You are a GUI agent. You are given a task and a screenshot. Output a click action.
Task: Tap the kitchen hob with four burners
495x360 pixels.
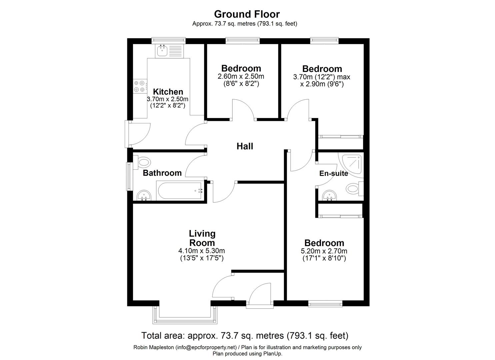click(x=140, y=86)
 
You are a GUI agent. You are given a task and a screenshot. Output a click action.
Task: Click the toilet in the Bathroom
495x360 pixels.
click(x=142, y=162)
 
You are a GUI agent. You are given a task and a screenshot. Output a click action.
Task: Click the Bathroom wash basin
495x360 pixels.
click(x=144, y=196)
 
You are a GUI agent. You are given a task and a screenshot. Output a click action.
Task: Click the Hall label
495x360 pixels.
click(x=245, y=146)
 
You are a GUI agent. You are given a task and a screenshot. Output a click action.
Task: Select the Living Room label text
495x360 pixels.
click(x=202, y=238)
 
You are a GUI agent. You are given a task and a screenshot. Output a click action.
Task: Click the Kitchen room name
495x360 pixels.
click(x=168, y=92)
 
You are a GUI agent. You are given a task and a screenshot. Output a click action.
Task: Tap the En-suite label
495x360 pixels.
click(x=333, y=173)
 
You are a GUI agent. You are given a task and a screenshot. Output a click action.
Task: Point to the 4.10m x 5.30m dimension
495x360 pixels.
click(x=202, y=251)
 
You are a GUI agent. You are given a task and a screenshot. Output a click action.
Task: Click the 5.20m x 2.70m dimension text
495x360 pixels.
click(x=324, y=251)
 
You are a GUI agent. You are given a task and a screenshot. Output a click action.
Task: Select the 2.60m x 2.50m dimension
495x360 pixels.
click(x=241, y=76)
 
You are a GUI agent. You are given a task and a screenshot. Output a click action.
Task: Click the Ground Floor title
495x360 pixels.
click(x=247, y=14)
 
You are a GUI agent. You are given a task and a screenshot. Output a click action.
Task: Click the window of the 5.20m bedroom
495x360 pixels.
click(x=325, y=303)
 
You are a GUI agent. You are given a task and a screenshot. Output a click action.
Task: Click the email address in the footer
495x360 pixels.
click(x=205, y=347)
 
